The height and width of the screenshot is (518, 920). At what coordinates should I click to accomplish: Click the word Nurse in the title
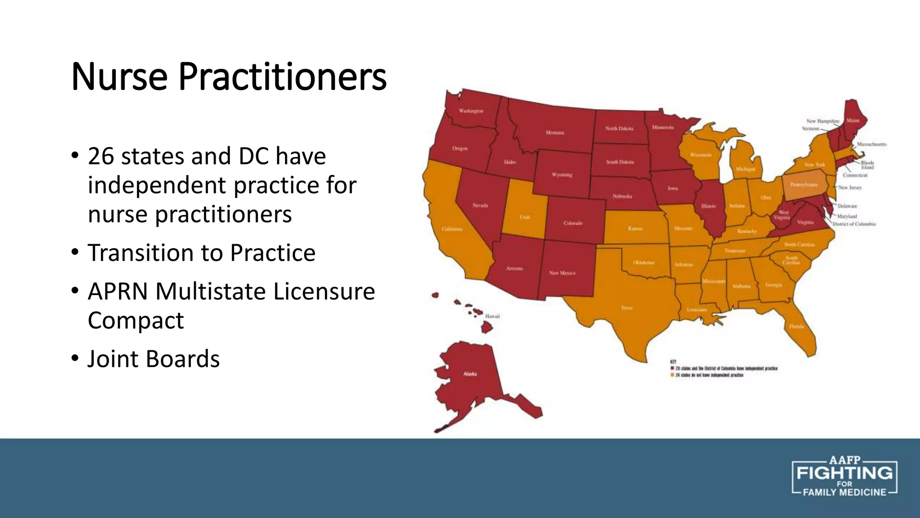click(x=119, y=77)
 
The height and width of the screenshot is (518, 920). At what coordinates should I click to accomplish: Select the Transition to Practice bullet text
click(x=201, y=253)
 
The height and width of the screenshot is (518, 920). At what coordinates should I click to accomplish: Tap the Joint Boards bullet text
click(x=154, y=359)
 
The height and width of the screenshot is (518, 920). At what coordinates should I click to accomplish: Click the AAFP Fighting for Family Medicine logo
click(x=844, y=478)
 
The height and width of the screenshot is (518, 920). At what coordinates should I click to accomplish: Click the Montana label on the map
click(x=555, y=133)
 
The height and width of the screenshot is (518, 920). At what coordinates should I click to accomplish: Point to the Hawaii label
click(x=492, y=316)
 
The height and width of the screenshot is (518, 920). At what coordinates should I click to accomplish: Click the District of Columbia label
click(x=854, y=224)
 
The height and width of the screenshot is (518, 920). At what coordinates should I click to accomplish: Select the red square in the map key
click(x=672, y=368)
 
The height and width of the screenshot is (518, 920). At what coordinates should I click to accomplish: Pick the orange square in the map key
click(x=672, y=375)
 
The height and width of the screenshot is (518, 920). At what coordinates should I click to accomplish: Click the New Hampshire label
click(x=823, y=121)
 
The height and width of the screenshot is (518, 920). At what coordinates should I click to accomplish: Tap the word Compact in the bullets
click(x=136, y=321)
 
